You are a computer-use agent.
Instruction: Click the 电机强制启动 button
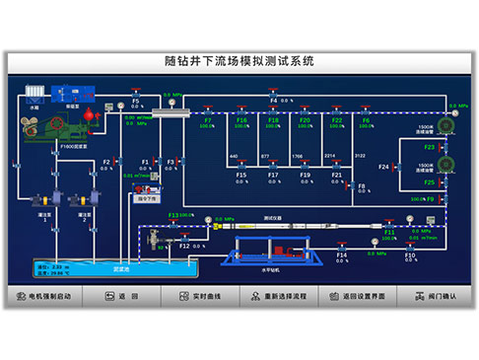tap(43, 296)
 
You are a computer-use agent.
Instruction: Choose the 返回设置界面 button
tap(359, 296)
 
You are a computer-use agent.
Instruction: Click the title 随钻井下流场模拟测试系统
tap(239, 61)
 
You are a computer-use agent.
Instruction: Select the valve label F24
tap(383, 167)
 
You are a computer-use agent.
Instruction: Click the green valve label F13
tap(173, 215)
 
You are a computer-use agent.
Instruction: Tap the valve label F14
tap(341, 254)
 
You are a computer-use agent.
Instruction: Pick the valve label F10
tap(410, 254)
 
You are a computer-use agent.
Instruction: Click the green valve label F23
tap(430, 147)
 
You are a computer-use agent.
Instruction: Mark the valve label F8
tap(362, 184)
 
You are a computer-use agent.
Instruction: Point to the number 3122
tap(360, 156)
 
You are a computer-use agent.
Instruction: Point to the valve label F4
tap(274, 100)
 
